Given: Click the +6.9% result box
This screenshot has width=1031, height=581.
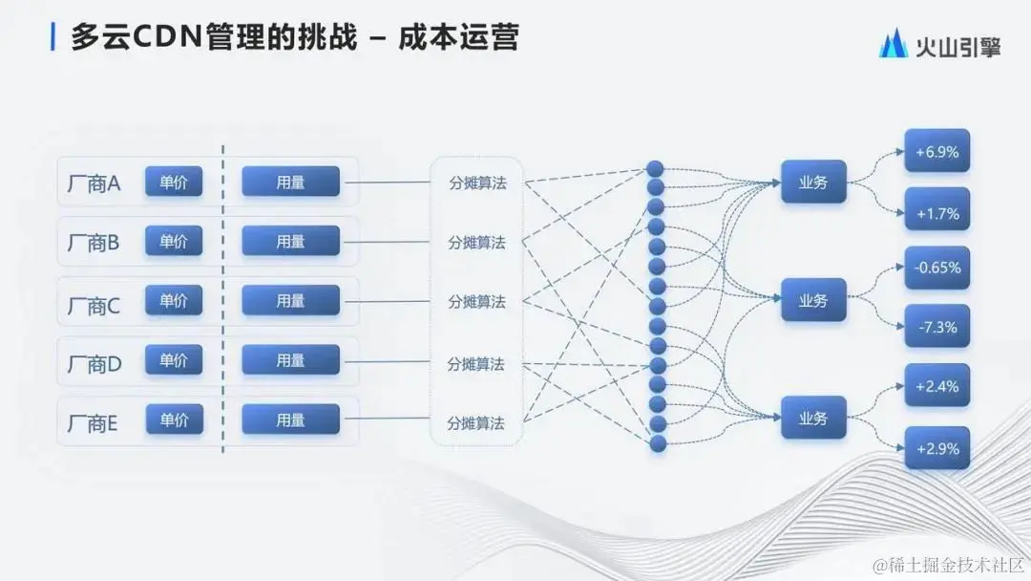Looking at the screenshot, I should click(936, 151).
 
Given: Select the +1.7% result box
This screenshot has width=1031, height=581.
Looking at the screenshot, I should click(936, 213).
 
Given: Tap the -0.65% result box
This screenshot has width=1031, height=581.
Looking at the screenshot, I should click(936, 268).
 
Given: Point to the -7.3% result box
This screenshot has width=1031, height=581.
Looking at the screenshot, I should click(936, 327).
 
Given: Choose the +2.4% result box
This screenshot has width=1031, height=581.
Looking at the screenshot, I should click(936, 386).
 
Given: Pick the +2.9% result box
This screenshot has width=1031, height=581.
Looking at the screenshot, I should click(936, 447).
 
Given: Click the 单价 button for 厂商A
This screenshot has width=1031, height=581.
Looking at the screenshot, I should click(174, 182).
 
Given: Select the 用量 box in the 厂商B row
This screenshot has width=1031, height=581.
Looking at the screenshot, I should click(290, 241).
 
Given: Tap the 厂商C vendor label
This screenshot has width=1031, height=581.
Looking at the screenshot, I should click(94, 306).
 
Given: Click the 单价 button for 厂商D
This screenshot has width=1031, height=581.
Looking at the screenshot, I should click(174, 359).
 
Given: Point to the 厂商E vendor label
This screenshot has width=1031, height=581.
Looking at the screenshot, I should click(93, 423).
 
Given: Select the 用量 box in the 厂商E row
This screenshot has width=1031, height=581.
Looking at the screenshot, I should click(290, 419).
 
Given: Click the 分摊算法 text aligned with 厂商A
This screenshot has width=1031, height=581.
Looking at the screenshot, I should click(477, 183).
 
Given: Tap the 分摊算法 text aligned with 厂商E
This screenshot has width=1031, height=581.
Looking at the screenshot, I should click(475, 422).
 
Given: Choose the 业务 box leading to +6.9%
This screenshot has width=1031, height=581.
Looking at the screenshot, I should click(813, 182).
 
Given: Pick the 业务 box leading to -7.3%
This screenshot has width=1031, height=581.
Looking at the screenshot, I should click(813, 300).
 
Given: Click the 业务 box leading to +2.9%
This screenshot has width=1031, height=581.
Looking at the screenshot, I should click(813, 418).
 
